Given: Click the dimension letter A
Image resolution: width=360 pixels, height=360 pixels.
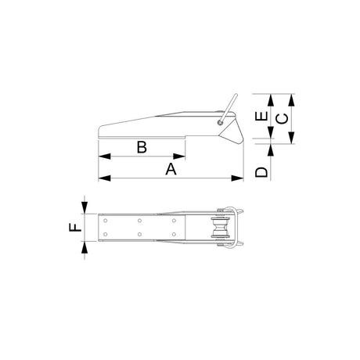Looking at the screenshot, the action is [x=171, y=169].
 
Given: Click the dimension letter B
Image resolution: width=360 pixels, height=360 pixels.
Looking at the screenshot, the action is [x=142, y=147].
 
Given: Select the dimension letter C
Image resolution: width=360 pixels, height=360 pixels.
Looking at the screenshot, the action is [x=283, y=119].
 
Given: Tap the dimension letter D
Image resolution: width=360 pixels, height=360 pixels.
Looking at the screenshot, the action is [x=261, y=172].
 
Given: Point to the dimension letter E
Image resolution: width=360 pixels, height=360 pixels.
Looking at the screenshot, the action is [x=261, y=117].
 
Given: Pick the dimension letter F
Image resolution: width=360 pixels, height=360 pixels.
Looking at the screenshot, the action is [x=75, y=228].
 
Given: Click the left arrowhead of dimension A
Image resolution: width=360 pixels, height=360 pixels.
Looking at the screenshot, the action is [x=105, y=178].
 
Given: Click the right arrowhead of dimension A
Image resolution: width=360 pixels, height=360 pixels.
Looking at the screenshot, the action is [x=237, y=178].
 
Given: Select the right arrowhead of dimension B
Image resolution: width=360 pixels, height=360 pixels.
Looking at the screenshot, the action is [x=179, y=157].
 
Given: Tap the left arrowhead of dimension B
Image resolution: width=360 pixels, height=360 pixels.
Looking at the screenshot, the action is [x=105, y=157].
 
